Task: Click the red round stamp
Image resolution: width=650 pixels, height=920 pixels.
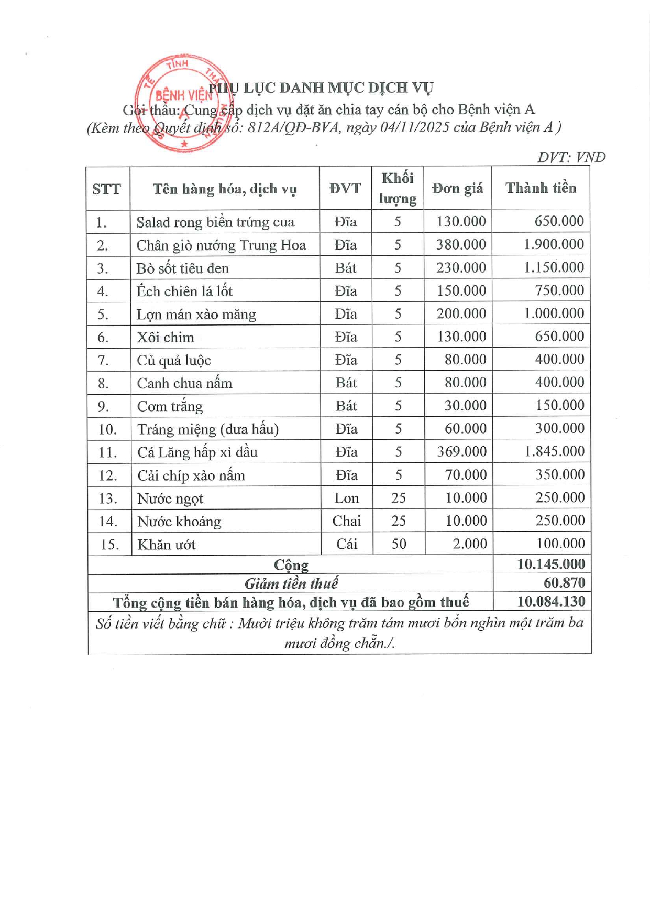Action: [183, 103]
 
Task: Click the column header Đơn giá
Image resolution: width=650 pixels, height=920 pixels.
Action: [457, 188]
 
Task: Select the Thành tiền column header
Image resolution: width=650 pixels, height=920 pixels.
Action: [541, 188]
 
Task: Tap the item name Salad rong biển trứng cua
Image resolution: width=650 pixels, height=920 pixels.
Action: [215, 222]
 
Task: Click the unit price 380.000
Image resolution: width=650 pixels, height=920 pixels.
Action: [461, 245]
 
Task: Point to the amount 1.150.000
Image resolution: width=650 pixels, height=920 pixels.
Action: [554, 268]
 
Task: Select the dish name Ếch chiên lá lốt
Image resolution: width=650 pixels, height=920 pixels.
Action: [184, 291]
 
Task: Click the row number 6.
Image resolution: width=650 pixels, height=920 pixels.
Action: [103, 338]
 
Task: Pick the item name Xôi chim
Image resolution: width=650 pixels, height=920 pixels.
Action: [166, 338]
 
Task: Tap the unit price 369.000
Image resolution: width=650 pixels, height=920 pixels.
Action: [461, 452]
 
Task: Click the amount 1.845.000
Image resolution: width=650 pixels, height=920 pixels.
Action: [554, 452]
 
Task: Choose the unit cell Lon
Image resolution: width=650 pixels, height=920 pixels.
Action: [346, 498]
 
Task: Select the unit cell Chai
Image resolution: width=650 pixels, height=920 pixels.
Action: [346, 521]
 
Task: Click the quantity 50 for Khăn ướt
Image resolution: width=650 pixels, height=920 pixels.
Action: [399, 544]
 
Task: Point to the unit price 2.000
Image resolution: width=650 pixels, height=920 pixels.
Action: [469, 544]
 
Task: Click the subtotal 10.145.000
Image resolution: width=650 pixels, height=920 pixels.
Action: [550, 565]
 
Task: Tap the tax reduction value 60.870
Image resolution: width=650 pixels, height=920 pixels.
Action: [564, 583]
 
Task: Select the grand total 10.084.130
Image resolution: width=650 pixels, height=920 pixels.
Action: [551, 602]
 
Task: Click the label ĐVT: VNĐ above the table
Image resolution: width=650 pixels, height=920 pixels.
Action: [571, 157]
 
